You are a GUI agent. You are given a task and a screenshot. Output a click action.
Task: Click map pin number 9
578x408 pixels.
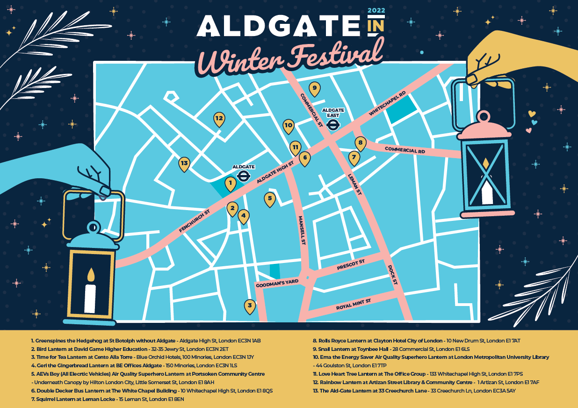click(x=315, y=88)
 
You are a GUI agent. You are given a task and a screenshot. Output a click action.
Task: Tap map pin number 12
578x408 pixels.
click(x=219, y=119)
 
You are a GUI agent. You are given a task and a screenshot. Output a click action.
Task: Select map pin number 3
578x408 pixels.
click(x=250, y=306)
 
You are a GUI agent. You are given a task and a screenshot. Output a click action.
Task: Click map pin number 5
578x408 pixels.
click(x=269, y=199)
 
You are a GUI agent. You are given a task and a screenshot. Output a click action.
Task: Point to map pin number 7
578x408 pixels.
click(x=354, y=158)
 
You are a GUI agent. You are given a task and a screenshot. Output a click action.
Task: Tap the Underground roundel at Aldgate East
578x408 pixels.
click(x=333, y=124)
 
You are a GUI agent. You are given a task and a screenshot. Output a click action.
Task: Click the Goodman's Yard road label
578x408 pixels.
click(x=277, y=284)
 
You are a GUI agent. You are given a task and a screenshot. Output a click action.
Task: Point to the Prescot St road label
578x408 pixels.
click(x=350, y=265)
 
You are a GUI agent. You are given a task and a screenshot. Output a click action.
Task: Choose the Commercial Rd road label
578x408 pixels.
click(x=405, y=150)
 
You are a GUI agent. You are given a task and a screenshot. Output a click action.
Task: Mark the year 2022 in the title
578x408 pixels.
click(x=376, y=10)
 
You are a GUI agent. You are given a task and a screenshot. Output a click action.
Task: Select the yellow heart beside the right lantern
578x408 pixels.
click(x=531, y=113)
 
